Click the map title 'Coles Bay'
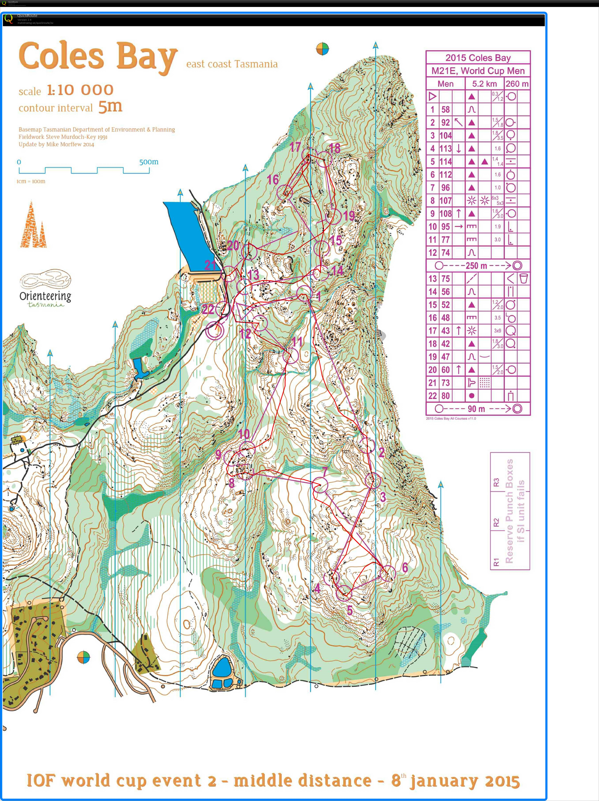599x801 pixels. coord(98,56)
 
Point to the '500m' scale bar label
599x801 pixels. coord(149,162)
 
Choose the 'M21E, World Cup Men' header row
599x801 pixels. coord(478,71)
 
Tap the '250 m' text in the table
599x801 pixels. coord(476,265)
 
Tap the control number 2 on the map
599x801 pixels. coord(382,452)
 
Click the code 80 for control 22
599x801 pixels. coord(446,396)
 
